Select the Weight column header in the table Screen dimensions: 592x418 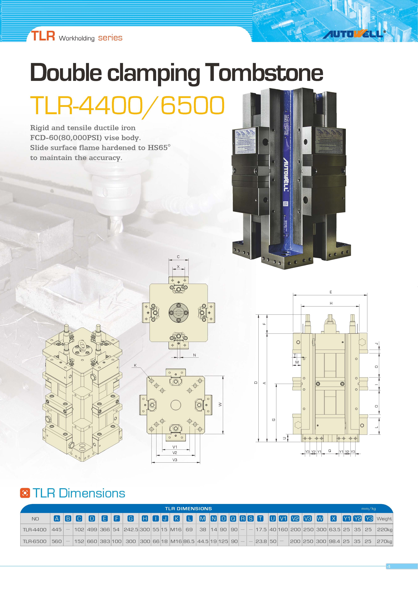point(384,519)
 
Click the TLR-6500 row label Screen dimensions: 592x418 point(35,541)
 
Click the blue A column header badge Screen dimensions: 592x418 point(57,519)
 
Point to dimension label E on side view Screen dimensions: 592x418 point(331,292)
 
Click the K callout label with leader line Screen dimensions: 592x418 point(135,365)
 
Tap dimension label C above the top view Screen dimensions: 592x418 point(178,257)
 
